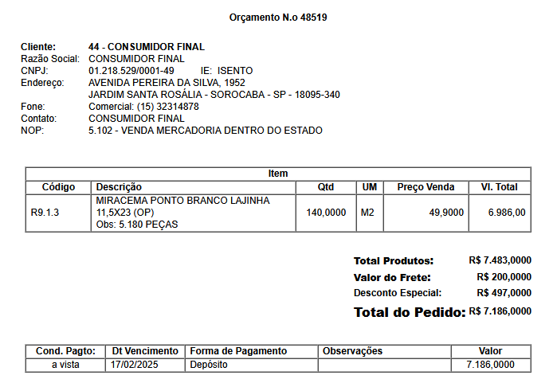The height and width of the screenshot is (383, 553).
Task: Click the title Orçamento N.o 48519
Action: (278, 17)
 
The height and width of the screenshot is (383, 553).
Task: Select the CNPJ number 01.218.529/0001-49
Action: (131, 71)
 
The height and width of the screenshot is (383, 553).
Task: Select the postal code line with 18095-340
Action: (214, 95)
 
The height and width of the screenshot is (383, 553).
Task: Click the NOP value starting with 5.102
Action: (205, 131)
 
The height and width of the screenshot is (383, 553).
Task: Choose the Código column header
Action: (58, 187)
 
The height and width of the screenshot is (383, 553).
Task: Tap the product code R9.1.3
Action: (45, 213)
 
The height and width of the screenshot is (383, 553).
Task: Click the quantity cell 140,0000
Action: (326, 213)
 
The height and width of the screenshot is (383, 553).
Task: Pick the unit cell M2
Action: (367, 213)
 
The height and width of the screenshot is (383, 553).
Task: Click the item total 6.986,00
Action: (507, 213)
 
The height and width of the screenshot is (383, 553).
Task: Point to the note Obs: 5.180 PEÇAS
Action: (137, 225)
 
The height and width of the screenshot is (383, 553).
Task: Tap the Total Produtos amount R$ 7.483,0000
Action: (500, 260)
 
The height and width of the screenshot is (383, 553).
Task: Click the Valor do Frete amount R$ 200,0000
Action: (504, 277)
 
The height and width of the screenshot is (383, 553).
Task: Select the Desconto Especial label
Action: (397, 293)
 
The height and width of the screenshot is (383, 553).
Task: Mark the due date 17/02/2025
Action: (135, 365)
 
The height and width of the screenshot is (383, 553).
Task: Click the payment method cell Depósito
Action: (209, 365)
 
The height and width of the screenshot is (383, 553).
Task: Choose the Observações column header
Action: (352, 351)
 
